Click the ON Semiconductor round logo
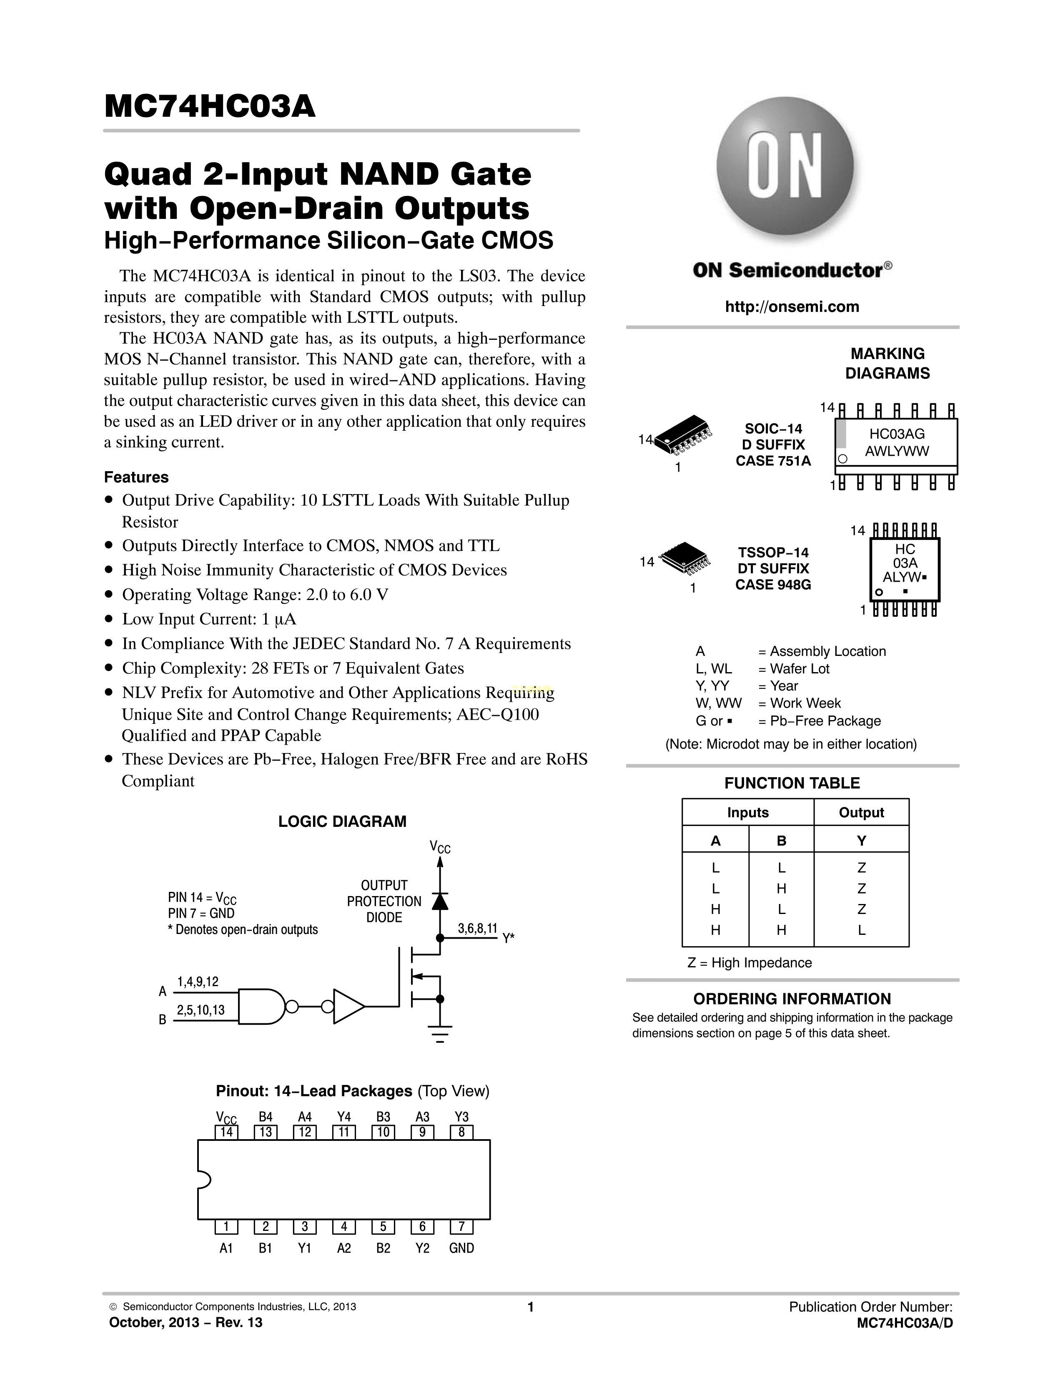(x=785, y=166)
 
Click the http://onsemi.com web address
(x=792, y=307)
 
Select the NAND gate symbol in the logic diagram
(x=263, y=1006)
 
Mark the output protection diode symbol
(x=440, y=901)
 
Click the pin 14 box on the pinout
(x=227, y=1132)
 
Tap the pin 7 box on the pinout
(x=461, y=1227)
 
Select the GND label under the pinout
(x=461, y=1248)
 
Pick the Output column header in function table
(x=861, y=813)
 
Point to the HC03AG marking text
(x=896, y=434)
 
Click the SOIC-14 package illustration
(x=683, y=435)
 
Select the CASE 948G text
(x=773, y=585)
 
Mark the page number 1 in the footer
(x=530, y=1307)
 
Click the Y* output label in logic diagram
(x=508, y=938)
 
